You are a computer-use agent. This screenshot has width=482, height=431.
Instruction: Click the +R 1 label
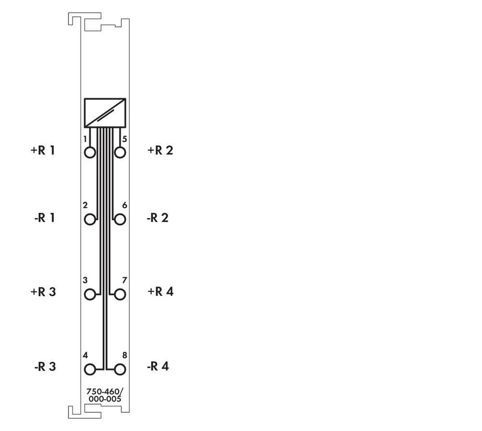point(43,150)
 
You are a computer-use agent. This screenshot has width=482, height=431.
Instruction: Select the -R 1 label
point(44,218)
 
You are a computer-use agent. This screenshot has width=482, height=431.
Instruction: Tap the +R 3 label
point(43,292)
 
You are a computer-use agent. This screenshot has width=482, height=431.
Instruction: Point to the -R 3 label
point(44,366)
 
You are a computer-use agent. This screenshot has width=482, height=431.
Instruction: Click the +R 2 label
point(160,150)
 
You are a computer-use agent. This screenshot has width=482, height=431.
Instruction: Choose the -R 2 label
point(157,218)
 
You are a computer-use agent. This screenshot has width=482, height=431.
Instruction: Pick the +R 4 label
point(160,292)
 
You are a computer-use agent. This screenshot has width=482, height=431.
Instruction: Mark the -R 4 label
point(158,366)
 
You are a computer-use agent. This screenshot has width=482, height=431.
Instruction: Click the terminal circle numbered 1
point(90,153)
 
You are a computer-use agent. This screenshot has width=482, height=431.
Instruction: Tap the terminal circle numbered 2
point(90,220)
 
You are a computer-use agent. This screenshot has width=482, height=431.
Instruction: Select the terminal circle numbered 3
point(90,294)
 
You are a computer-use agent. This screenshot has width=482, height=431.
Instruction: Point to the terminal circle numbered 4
point(90,369)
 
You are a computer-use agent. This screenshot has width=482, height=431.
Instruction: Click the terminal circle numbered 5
point(120,153)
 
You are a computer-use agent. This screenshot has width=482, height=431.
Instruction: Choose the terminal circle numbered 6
point(120,220)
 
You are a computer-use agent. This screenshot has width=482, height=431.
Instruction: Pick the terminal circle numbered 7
point(120,294)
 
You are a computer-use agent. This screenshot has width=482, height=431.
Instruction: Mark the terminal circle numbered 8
point(120,369)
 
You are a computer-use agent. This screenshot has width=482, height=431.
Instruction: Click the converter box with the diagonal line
point(105,113)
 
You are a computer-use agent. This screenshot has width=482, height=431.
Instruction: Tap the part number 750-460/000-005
point(105,395)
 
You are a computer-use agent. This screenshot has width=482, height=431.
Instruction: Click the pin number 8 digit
point(124,355)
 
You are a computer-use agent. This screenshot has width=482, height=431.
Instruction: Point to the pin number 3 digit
point(85,280)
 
